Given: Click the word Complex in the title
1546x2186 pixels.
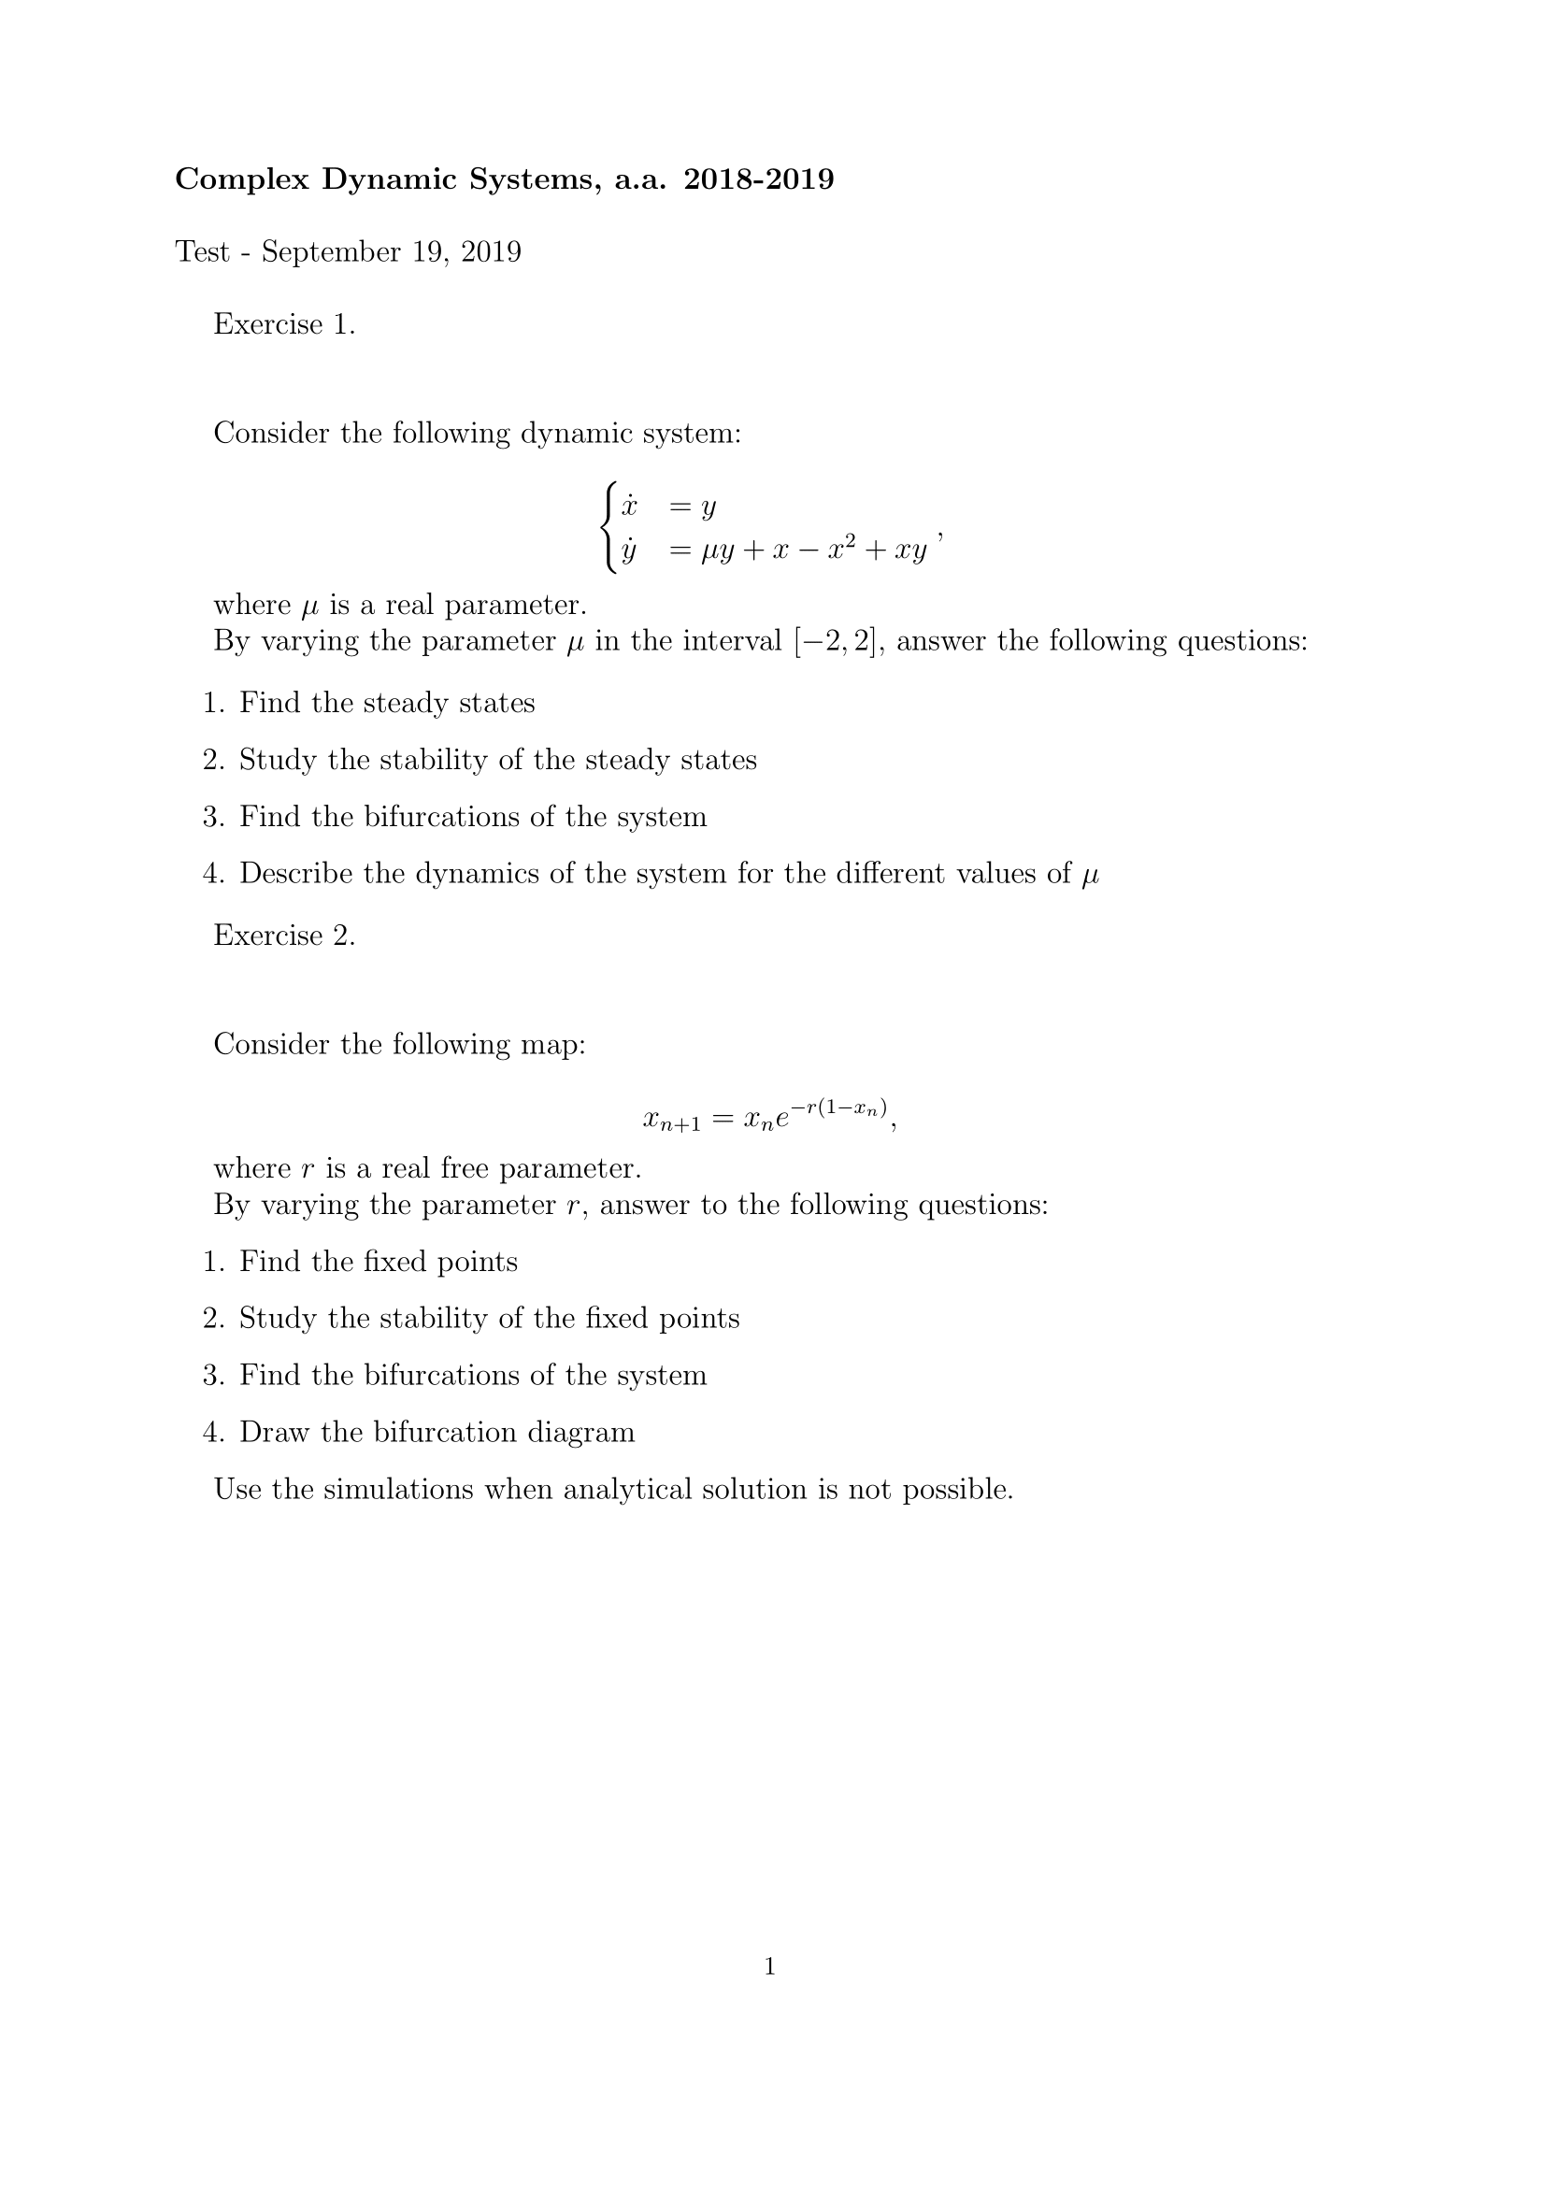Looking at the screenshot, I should click(x=243, y=180).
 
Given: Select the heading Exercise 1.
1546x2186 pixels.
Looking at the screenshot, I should click(x=284, y=324).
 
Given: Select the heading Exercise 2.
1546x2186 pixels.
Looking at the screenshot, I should click(x=284, y=936).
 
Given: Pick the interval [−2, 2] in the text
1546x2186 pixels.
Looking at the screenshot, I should click(x=832, y=642).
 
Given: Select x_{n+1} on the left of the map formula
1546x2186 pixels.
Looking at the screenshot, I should click(x=671, y=1121).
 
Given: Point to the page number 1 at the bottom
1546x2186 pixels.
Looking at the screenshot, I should click(x=770, y=1967).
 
